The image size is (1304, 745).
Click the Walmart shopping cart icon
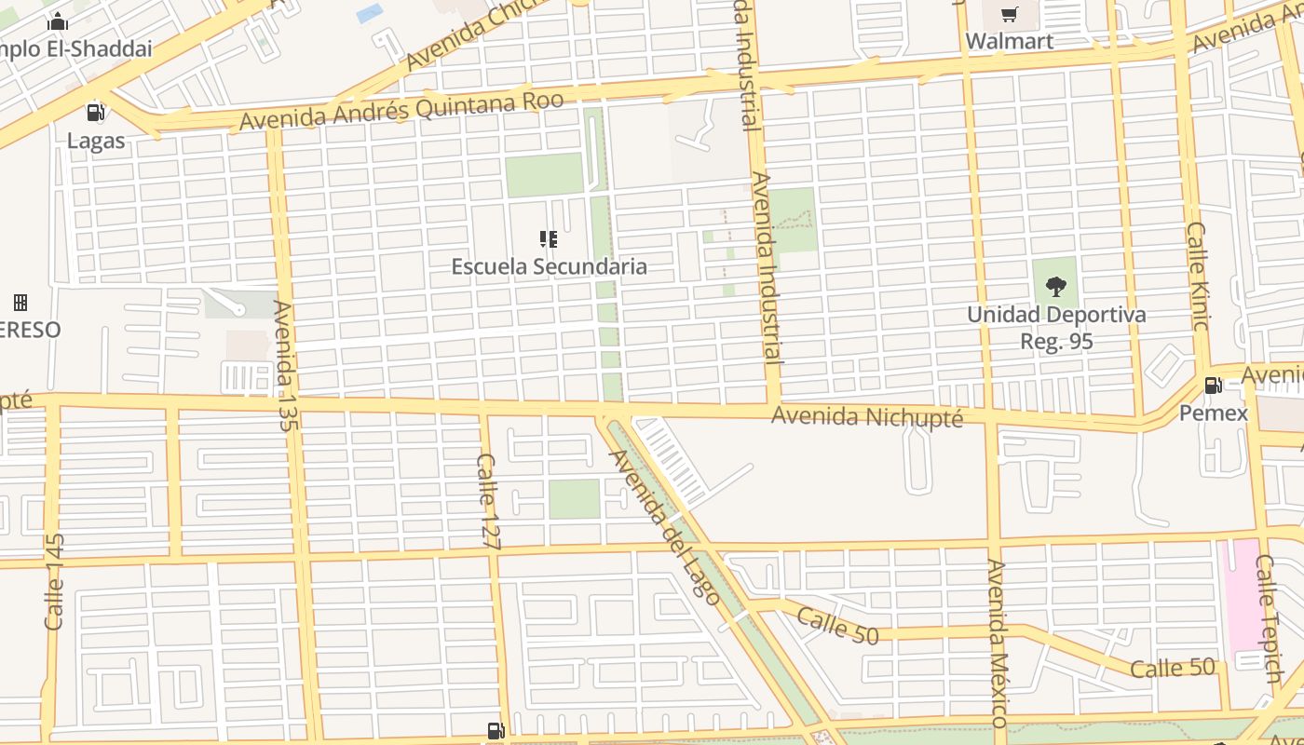1009,14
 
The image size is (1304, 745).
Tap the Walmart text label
1010,41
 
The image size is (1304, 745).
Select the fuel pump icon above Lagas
95,113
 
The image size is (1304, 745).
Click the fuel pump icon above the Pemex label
1213,385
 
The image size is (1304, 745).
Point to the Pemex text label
1213,413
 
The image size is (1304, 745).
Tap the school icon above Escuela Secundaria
549,239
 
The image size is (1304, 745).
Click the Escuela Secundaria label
549,267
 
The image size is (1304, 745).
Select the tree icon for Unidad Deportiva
1055,286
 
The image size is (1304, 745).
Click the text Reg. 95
1056,342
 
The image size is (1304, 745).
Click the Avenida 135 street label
285,365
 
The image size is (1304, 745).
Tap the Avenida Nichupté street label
866,416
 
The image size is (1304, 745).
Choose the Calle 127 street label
488,501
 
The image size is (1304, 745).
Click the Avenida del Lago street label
664,526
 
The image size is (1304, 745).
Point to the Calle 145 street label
54,581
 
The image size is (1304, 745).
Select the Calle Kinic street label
1198,276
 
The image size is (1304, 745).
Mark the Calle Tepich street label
1268,618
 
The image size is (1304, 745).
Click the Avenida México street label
998,643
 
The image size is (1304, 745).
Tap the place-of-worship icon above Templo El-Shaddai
58,21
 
